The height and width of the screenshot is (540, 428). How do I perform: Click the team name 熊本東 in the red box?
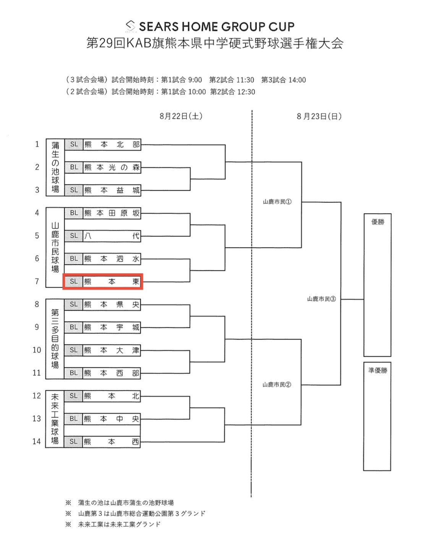tap(112, 281)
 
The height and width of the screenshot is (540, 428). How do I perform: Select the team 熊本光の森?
tap(112, 167)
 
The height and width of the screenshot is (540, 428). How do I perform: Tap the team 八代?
tap(112, 236)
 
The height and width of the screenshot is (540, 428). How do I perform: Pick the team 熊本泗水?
tap(112, 259)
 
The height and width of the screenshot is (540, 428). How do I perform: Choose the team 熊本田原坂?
tap(112, 213)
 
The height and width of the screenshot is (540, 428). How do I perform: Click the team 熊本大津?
tap(112, 350)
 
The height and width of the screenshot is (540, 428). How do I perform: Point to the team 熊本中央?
tap(111, 419)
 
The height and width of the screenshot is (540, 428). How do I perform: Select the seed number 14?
tap(37, 441)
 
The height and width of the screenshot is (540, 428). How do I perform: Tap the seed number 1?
tap(37, 144)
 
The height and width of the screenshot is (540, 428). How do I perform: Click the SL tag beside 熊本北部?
tap(74, 144)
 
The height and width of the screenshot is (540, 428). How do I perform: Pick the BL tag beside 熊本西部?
tap(74, 373)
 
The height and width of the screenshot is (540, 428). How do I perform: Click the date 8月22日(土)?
tap(181, 116)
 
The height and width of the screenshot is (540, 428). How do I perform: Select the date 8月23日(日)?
tap(319, 116)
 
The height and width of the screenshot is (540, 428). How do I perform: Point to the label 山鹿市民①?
tap(277, 202)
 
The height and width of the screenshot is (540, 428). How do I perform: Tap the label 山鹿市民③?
tap(321, 299)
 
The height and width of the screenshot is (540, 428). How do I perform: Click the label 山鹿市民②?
tap(277, 385)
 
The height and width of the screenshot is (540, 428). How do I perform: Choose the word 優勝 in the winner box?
tap(378, 222)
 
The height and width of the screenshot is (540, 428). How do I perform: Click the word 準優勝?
tap(378, 370)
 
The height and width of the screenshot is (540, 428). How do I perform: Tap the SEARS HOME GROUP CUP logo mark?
tap(131, 26)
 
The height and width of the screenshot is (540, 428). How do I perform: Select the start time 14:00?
tap(297, 80)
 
